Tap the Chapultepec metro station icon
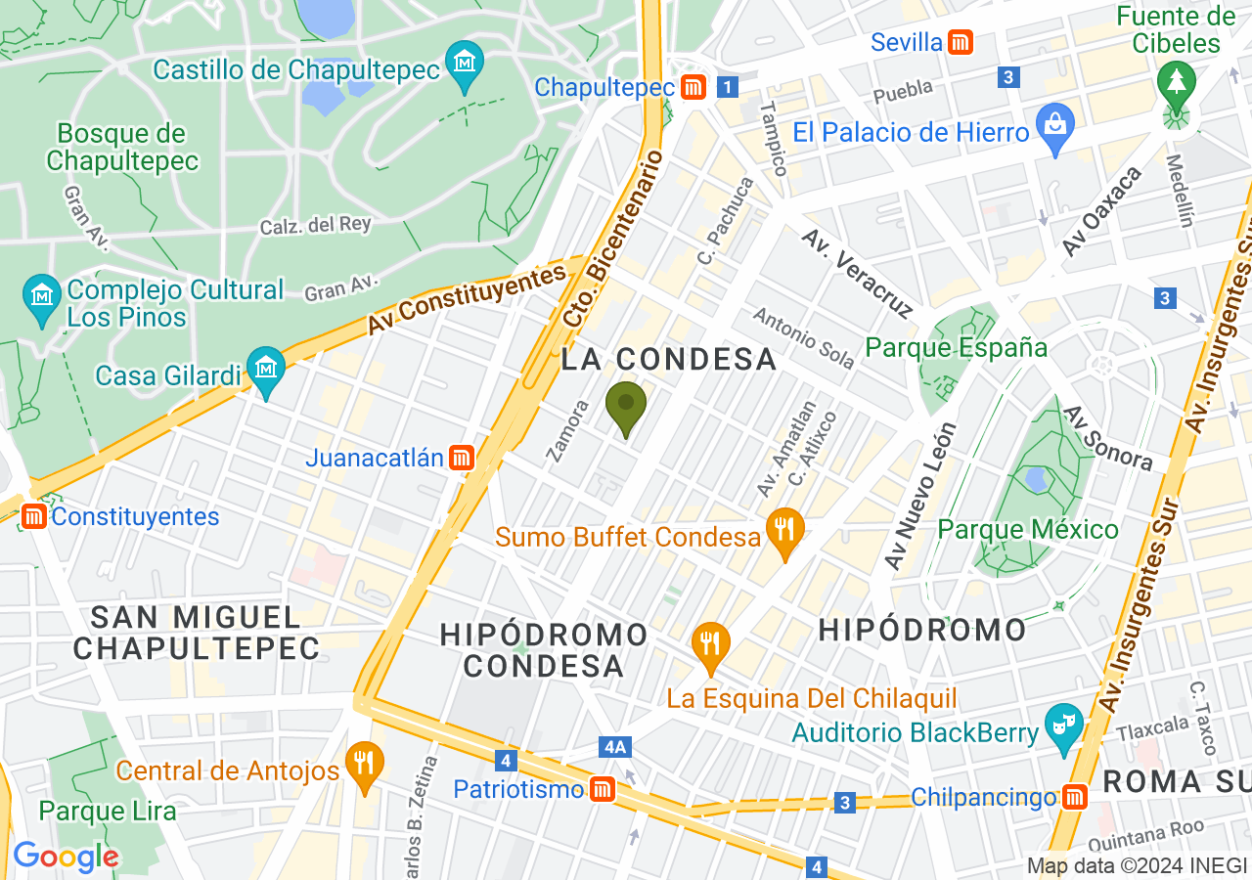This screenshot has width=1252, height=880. (x=693, y=87)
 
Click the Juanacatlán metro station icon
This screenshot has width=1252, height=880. (x=462, y=457)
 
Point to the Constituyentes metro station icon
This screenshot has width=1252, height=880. (x=34, y=515)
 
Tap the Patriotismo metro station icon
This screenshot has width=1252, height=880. (x=602, y=788)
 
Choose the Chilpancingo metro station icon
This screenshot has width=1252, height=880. (x=1075, y=797)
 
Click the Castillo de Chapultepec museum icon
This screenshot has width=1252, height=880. (x=465, y=61)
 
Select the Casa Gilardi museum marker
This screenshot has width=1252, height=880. (x=266, y=370)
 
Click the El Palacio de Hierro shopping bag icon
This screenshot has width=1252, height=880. (x=1056, y=124)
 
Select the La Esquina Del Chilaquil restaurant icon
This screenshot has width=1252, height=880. (x=711, y=644)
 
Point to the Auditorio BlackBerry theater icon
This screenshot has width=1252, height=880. (x=1062, y=726)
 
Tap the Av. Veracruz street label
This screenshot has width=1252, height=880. (x=858, y=273)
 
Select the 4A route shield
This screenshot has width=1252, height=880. (x=614, y=747)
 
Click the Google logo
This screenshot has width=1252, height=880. (x=66, y=857)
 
